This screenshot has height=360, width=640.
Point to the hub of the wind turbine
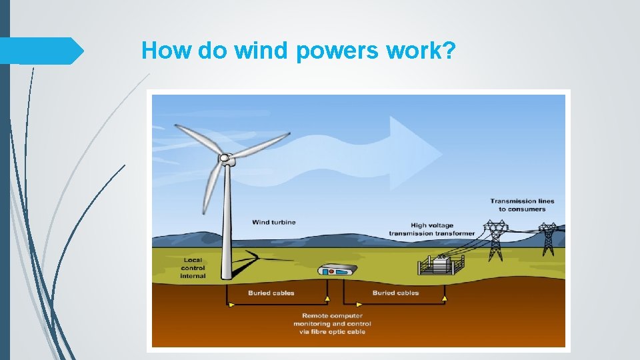coord(226,159)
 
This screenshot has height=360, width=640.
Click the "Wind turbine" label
coord(273,222)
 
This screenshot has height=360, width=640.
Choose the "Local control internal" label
coord(193,267)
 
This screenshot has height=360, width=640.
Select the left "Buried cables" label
coord(271,293)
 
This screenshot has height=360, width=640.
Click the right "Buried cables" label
coord(395,293)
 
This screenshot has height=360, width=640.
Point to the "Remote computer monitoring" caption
coord(333,323)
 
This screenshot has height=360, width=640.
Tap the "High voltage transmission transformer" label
coord(432,229)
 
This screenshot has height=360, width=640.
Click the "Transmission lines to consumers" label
coord(522,205)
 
